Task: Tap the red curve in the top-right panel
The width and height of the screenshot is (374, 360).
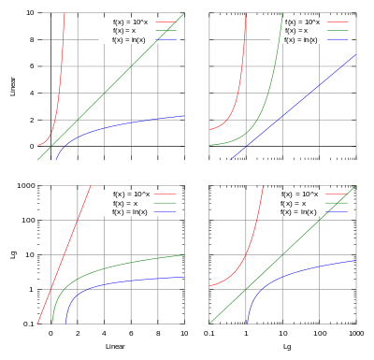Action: pyautogui.click(x=241, y=94)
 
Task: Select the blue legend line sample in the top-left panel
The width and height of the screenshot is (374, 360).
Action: pyautogui.click(x=165, y=40)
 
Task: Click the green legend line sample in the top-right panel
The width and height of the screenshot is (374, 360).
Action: pyautogui.click(x=338, y=31)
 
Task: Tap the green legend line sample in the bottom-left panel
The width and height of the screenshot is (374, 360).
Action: pyautogui.click(x=165, y=203)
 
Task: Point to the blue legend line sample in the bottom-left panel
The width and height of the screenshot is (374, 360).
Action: pyautogui.click(x=165, y=211)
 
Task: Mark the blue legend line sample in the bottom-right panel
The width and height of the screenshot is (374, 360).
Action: pyautogui.click(x=338, y=211)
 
